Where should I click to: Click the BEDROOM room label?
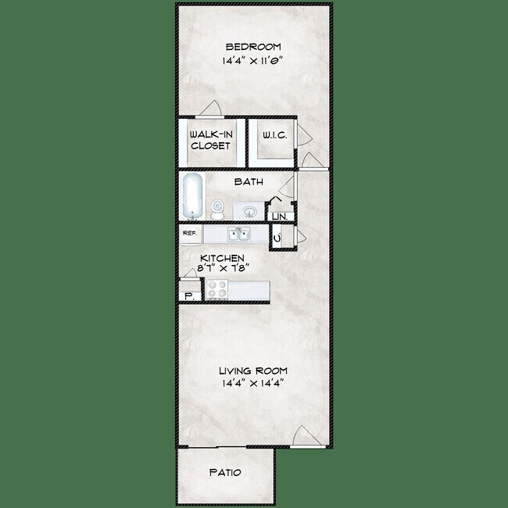[x=253, y=46]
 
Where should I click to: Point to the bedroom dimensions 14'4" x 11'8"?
[x=253, y=59]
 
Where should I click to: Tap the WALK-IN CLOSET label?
[x=211, y=140]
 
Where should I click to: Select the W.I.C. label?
[x=274, y=136]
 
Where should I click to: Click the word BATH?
[x=249, y=182]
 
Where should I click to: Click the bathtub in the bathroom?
[x=192, y=196]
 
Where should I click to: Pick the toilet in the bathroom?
[x=218, y=209]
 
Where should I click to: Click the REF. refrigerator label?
[x=189, y=233]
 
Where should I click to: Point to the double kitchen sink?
[x=238, y=234]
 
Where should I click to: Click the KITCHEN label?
[x=223, y=258]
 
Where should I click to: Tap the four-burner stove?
[x=216, y=291]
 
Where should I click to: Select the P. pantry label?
[x=188, y=295]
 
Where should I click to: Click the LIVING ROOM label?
[x=253, y=370]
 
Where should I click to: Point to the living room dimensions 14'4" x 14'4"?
[x=253, y=383]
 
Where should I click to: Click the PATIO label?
[x=225, y=473]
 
